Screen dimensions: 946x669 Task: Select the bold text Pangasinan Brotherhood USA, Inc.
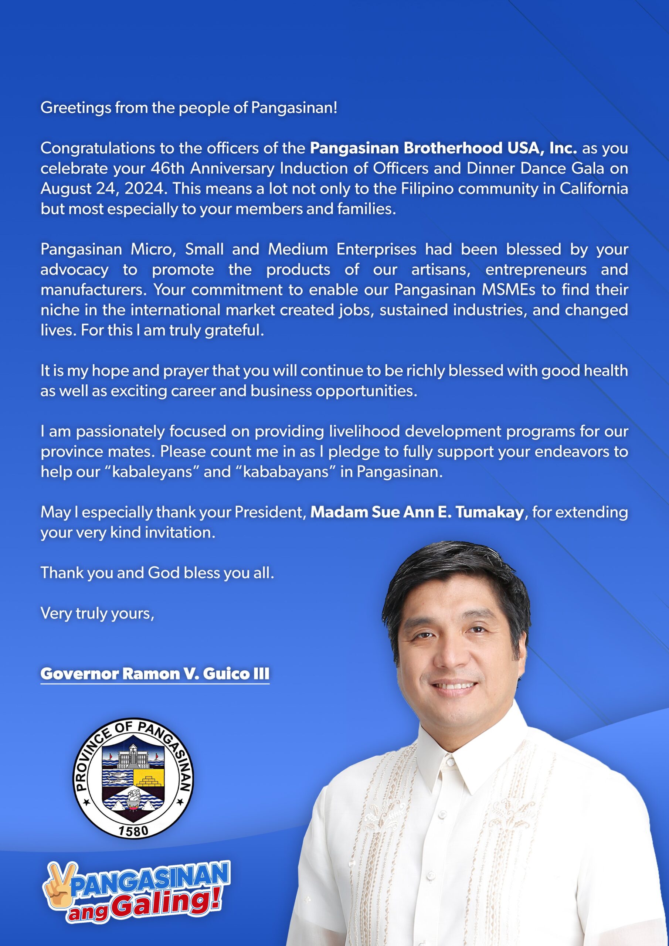pyautogui.click(x=443, y=148)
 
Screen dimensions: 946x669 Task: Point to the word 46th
pyautogui.click(x=168, y=169)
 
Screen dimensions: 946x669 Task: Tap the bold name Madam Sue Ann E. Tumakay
pyautogui.click(x=416, y=512)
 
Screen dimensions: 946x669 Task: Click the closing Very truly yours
pyautogui.click(x=97, y=613)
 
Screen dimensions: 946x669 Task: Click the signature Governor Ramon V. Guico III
pyautogui.click(x=154, y=674)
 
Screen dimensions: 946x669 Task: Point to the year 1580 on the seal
pyautogui.click(x=133, y=831)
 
